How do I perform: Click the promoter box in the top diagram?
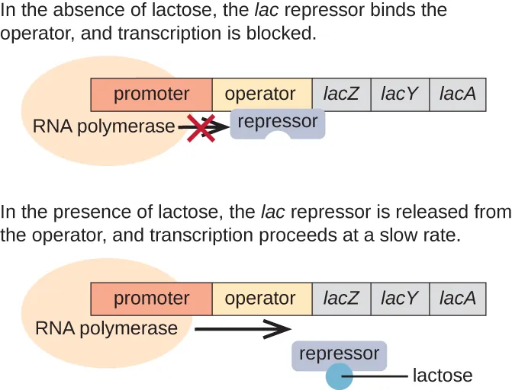tap(151, 94)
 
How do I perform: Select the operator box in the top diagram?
tap(261, 94)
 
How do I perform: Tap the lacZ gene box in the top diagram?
tap(341, 94)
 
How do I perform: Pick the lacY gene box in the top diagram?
tap(400, 94)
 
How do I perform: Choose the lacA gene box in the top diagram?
tap(458, 94)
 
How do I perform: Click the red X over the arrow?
tap(201, 127)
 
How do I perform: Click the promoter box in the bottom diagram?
tap(151, 299)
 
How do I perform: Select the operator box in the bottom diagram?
tap(261, 299)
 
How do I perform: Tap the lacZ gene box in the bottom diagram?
tap(341, 299)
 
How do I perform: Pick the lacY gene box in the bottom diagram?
tap(400, 299)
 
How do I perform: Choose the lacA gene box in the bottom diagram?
tap(458, 299)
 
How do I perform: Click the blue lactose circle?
tap(339, 376)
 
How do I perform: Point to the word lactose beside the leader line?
tap(443, 376)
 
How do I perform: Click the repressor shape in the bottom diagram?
tap(339, 354)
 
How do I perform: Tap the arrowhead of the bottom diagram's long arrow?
tap(282, 329)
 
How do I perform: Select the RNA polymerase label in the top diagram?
tap(104, 126)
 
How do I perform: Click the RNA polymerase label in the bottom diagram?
tap(106, 329)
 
